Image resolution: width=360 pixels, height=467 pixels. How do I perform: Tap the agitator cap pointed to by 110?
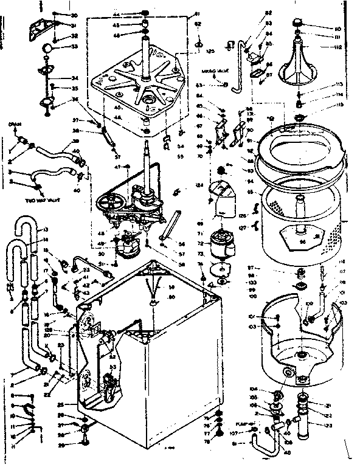pyautogui.click(x=298, y=22)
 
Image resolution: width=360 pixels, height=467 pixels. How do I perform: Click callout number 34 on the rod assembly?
pyautogui.click(x=74, y=78)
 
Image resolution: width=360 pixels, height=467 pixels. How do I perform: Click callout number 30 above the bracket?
pyautogui.click(x=74, y=15)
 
